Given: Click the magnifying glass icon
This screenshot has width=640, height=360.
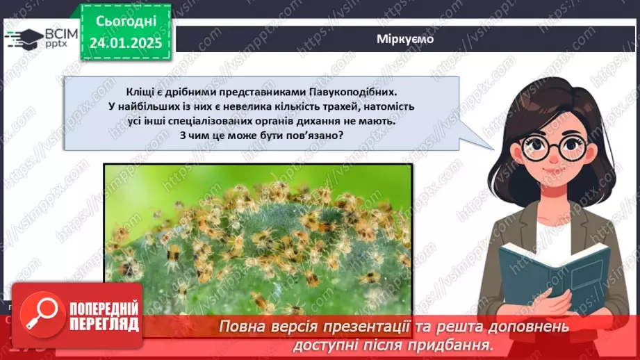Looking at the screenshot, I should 40,316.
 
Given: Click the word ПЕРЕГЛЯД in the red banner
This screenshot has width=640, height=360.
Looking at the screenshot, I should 104,325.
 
